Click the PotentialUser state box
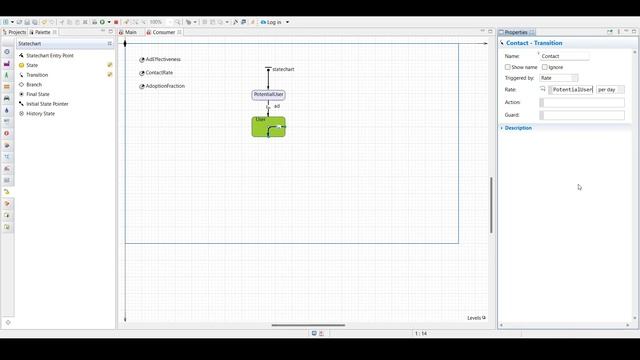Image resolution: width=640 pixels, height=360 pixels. click(x=268, y=95)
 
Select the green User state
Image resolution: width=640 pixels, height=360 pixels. click(x=268, y=127)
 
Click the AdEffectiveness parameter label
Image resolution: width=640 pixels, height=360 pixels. click(x=163, y=59)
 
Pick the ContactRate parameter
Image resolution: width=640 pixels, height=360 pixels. click(x=159, y=73)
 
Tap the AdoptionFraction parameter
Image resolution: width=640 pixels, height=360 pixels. click(x=165, y=86)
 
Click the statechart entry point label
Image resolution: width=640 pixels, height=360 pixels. click(x=283, y=69)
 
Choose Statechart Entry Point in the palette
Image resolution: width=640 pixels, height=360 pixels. click(x=49, y=55)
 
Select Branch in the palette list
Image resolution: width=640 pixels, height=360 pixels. click(x=34, y=84)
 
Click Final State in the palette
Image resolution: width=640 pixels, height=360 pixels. click(x=38, y=94)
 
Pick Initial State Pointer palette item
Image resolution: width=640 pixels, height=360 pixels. click(x=47, y=104)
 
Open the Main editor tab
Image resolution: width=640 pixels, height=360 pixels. click(x=130, y=32)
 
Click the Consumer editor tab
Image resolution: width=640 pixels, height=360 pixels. click(x=162, y=32)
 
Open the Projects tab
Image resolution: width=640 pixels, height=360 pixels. click(x=17, y=32)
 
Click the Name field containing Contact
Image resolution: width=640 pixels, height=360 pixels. click(x=564, y=56)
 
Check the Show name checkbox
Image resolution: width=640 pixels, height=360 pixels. click(x=508, y=67)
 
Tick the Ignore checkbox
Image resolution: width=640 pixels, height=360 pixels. click(x=545, y=67)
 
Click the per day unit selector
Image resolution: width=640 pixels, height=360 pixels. click(x=610, y=90)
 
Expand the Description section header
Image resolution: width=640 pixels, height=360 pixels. click(x=518, y=128)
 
